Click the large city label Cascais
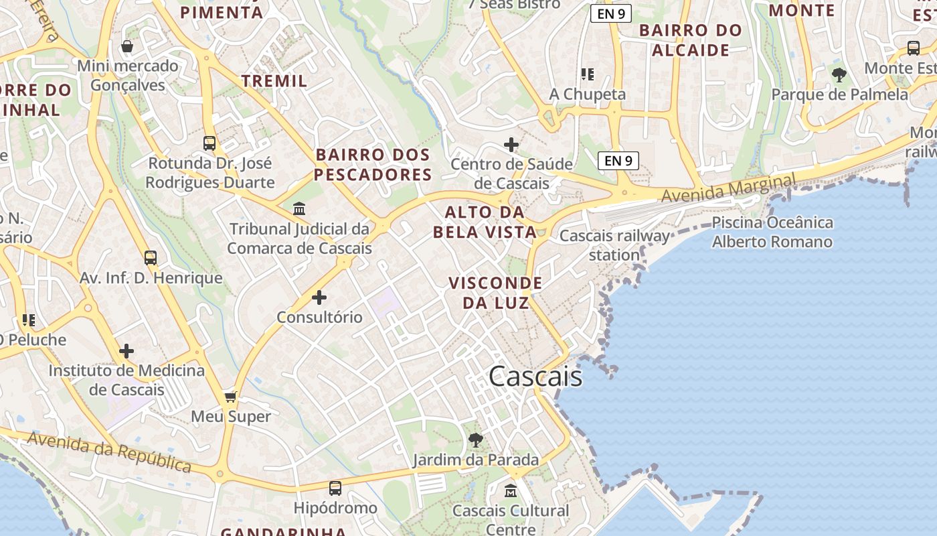pos(535,377)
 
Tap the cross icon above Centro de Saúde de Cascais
pos(511,144)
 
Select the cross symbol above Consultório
pos(319,297)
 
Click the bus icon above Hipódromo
pos(335,488)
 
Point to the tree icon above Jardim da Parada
pos(476,440)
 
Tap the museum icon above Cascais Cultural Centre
pos(511,490)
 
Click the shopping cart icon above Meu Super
pos(231,397)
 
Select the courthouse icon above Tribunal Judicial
pos(299,209)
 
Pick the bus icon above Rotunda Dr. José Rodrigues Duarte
pos(209,143)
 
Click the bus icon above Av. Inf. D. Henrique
pos(151,258)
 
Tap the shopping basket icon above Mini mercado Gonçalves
pos(127,46)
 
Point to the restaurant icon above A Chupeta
pos(588,74)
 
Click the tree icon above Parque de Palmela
pos(839,75)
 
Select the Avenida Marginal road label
pos(729,188)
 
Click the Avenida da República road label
pos(110,452)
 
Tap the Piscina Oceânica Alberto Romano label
pos(772,232)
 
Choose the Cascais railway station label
pos(614,245)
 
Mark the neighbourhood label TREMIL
pos(274,81)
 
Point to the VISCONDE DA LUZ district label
pos(495,293)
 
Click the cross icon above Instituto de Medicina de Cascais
pos(126,350)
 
